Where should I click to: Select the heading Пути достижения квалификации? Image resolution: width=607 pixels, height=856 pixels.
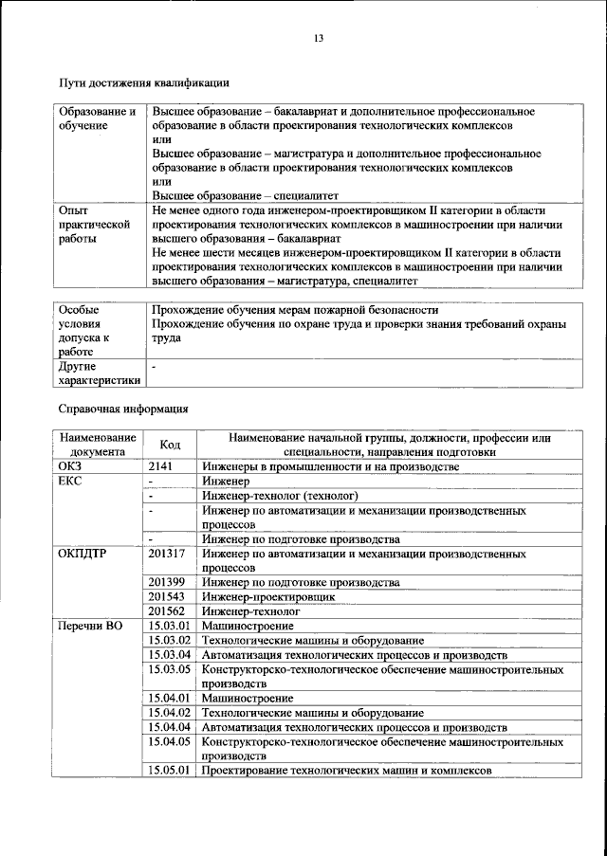point(143,84)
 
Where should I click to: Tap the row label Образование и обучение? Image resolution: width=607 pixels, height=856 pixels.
point(98,118)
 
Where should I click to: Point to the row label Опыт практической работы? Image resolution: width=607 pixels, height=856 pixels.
point(93,226)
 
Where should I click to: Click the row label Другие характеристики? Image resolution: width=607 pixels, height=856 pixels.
point(100,373)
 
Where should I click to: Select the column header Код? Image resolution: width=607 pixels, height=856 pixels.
point(170,445)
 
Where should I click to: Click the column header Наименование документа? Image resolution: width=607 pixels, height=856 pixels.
point(98,445)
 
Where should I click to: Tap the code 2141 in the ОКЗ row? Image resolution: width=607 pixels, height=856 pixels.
point(163,467)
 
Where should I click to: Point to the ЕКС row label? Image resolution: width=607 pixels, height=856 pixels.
point(71,482)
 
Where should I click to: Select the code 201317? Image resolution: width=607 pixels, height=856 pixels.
point(167,553)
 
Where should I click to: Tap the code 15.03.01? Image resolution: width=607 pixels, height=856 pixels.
point(170,626)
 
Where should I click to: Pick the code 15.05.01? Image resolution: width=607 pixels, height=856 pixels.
point(170,770)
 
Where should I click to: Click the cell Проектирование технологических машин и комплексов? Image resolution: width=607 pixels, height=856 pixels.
point(346,770)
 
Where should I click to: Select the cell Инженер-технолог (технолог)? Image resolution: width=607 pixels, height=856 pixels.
point(279,496)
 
